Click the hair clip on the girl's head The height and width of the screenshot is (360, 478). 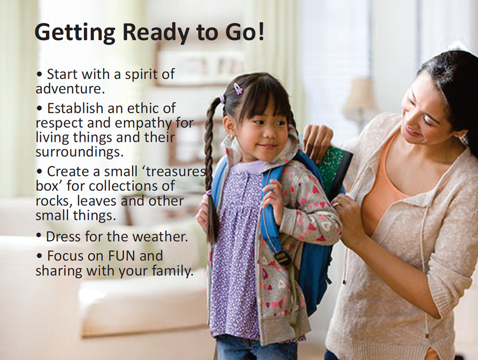pos(237,88)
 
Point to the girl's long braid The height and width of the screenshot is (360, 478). pos(209,161)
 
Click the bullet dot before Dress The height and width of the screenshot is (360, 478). pos(39,236)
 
